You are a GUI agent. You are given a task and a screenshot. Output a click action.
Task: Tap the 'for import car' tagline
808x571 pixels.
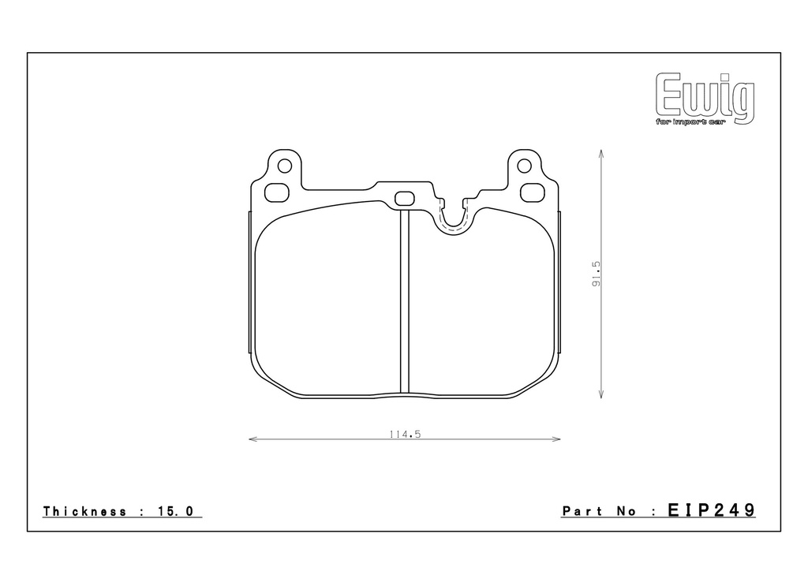click(690, 122)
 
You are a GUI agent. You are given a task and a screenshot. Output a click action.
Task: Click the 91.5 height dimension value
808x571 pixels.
click(597, 274)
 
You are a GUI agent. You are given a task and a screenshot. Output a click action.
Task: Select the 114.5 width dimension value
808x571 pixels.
click(405, 435)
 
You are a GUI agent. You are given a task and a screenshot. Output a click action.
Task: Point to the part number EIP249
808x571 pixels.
click(712, 510)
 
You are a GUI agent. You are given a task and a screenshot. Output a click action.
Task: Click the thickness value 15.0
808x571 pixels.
click(174, 511)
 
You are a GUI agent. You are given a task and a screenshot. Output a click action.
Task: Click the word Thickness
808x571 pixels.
click(85, 511)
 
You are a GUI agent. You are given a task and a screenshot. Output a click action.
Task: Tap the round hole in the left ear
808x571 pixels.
click(284, 166)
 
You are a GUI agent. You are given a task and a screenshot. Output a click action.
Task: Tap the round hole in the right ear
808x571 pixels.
click(524, 166)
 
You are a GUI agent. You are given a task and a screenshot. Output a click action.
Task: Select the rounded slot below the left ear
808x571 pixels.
click(277, 192)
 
